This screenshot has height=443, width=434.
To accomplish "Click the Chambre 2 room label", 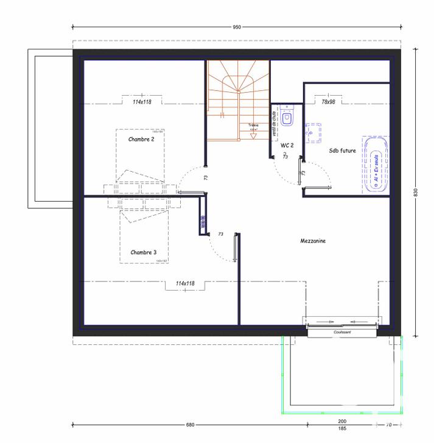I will [x=141, y=140].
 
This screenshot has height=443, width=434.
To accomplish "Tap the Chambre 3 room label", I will [x=143, y=252].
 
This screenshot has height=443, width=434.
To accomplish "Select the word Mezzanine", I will [x=313, y=241].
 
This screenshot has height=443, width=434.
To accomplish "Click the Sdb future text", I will [x=342, y=150].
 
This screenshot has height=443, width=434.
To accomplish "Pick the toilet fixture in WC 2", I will [x=289, y=118].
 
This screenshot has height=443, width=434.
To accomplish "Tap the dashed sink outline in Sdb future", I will [x=314, y=132].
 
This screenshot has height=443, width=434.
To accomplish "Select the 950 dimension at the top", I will [x=237, y=27].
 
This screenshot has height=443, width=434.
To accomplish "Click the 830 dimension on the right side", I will [x=416, y=192].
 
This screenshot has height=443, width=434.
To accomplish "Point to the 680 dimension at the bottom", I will [x=190, y=424].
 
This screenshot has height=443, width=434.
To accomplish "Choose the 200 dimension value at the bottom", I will [x=342, y=422].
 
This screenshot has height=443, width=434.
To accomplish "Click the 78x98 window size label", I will [x=329, y=102].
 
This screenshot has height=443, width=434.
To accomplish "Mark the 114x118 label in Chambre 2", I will [x=142, y=102].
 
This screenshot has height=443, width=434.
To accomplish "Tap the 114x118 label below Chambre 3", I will [x=184, y=283].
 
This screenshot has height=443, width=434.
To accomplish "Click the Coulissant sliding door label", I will [x=341, y=333].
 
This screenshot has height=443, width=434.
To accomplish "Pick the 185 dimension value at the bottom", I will [x=342, y=429].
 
